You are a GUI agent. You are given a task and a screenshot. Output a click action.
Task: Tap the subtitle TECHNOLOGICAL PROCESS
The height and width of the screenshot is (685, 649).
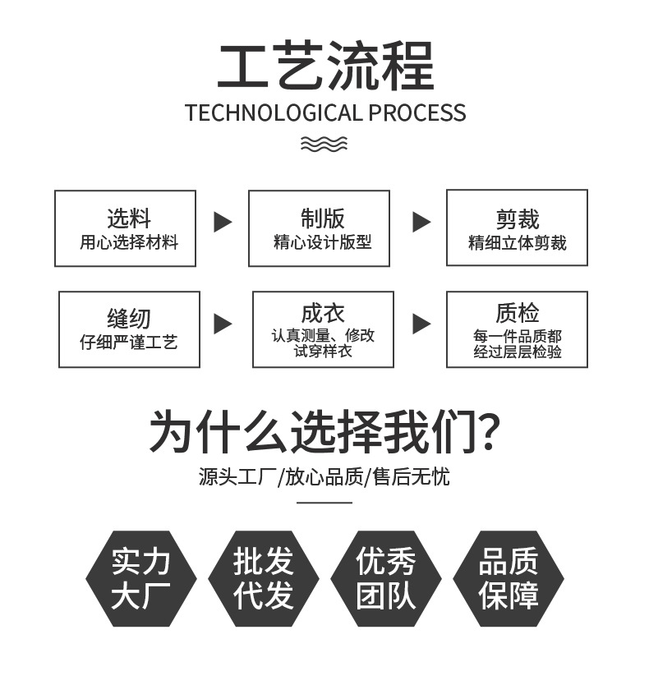point(324,113)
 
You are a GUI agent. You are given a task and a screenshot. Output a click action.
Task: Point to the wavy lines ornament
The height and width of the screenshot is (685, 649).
point(324,145)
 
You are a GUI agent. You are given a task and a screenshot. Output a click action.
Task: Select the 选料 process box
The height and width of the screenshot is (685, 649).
point(125,228)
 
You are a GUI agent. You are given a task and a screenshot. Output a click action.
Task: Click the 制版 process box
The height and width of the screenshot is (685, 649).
point(319,228)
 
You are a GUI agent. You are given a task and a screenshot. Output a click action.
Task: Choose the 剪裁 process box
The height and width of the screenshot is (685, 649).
point(517,228)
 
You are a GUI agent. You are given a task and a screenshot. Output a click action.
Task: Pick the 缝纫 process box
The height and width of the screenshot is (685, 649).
point(129,329)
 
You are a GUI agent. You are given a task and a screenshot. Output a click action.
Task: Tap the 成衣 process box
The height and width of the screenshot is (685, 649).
point(323,329)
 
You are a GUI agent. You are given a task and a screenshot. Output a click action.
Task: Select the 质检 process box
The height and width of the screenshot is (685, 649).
point(517,329)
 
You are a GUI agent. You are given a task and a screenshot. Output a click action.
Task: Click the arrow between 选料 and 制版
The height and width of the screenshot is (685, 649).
point(223,222)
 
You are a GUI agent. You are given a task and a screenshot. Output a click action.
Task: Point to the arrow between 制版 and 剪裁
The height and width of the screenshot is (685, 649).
point(421,222)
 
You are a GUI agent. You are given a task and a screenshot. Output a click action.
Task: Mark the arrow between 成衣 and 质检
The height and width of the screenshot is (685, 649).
point(421,324)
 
